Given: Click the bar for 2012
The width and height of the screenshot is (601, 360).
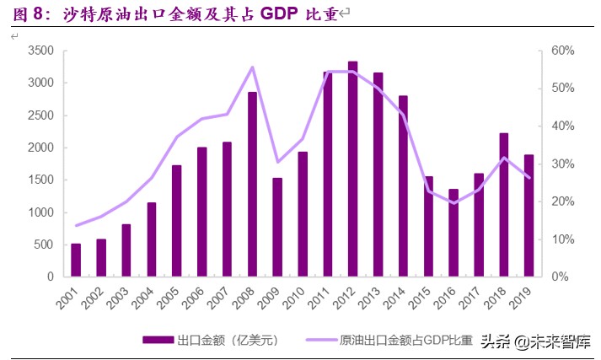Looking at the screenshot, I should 352,169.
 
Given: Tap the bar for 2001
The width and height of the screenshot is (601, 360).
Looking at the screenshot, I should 76,260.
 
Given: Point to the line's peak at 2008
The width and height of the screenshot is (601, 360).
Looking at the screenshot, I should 252,67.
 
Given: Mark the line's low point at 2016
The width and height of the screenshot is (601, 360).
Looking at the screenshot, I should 453,203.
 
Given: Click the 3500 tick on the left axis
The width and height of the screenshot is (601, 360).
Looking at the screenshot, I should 42,51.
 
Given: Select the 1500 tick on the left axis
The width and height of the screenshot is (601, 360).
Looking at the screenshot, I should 42,180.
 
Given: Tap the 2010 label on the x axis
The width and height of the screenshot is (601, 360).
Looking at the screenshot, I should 298,297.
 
